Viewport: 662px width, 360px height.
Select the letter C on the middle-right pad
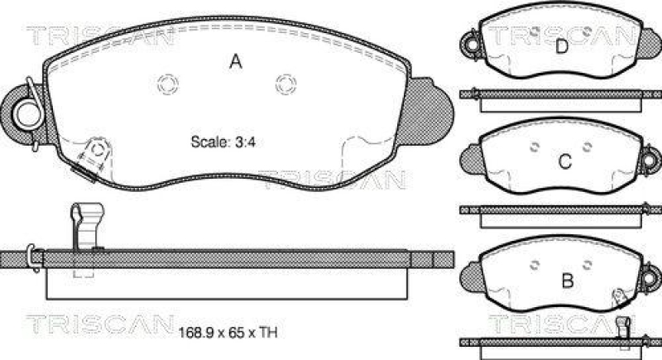click(564, 162)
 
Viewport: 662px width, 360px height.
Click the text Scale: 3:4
click(221, 141)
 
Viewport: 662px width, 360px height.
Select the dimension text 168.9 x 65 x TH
click(227, 334)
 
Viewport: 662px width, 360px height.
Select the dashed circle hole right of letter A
click(285, 83)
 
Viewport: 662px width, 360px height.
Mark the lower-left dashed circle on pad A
click(98, 149)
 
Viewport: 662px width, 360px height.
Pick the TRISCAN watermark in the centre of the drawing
click(331, 177)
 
